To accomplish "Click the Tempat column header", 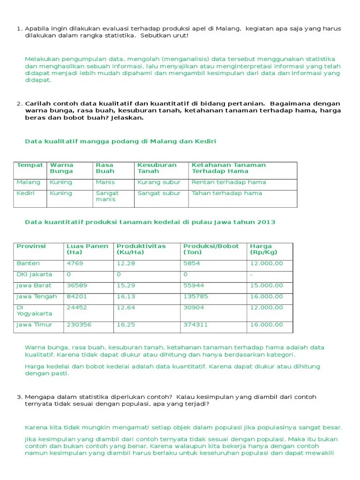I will (x=30, y=165).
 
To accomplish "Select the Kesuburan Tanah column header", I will (x=157, y=168).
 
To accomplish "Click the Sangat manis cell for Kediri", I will (x=107, y=196).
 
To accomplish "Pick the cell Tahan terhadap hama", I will (x=226, y=193).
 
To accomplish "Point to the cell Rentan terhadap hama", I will (x=228, y=182).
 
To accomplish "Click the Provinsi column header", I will (x=31, y=246).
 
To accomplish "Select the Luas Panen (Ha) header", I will (x=87, y=249).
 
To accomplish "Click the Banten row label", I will (x=28, y=263).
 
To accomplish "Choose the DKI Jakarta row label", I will (x=34, y=274).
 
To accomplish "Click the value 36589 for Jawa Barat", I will (x=76, y=285).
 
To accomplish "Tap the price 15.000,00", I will (x=266, y=285).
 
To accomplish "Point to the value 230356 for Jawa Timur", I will (x=79, y=324).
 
